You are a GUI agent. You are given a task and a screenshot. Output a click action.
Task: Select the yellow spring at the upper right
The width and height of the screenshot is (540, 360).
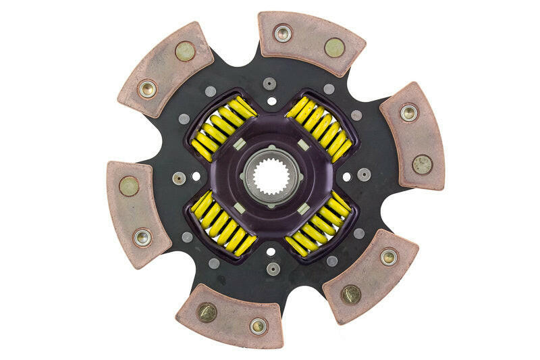coord(318,128)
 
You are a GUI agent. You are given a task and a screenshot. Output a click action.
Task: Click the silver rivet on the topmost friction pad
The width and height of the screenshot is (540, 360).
coord(283,32)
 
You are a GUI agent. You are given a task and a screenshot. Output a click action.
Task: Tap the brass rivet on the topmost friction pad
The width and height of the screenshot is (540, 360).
coord(334,47)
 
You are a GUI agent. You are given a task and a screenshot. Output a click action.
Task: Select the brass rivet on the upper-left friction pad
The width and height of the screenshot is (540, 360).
coord(185,51)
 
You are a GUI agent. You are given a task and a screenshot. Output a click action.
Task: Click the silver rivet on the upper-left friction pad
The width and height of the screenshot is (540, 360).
coord(146,88)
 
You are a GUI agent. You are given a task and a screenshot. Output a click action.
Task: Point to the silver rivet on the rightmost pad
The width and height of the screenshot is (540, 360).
coord(408,112)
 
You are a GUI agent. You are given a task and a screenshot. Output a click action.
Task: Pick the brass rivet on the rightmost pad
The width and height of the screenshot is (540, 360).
coord(423,164)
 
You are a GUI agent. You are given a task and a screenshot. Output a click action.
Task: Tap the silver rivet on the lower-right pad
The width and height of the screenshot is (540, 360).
coord(388,257)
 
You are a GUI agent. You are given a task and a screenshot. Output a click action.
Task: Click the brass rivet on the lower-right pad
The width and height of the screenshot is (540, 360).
coord(350,294)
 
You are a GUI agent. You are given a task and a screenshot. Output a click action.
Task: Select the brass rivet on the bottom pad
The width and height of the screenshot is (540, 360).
coord(207,311)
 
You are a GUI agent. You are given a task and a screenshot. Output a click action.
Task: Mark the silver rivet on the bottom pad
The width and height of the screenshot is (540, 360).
coord(258,326)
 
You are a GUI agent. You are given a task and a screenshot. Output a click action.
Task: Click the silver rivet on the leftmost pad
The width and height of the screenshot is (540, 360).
coord(142,237)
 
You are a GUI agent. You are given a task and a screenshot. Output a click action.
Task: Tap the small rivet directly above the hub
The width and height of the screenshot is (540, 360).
coord(270,84)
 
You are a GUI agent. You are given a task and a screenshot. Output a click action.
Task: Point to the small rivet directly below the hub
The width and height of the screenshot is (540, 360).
coord(272,269)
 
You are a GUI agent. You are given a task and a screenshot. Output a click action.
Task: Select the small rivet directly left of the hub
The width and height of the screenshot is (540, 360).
coord(179,178)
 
